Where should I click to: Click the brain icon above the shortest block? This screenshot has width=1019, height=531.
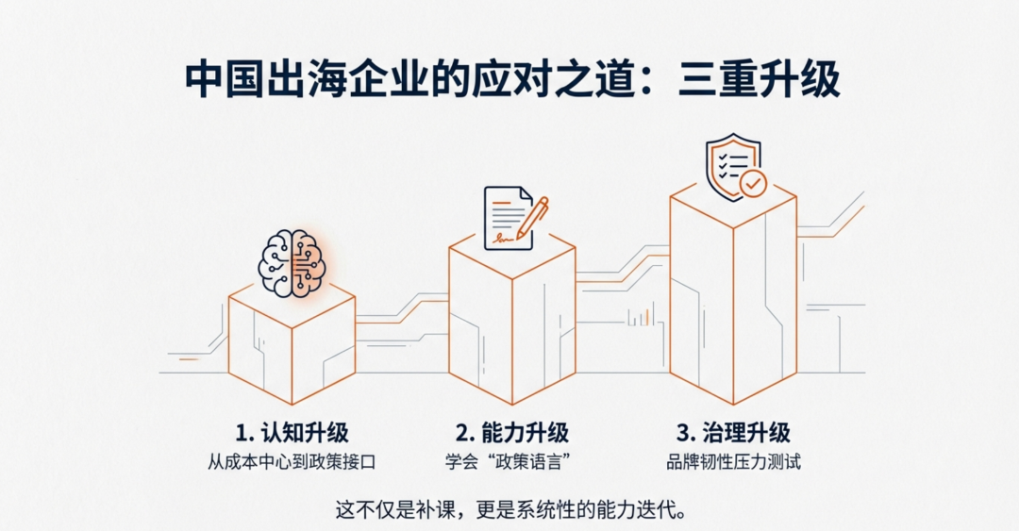click(292, 263)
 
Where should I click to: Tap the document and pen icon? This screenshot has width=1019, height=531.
click(516, 219)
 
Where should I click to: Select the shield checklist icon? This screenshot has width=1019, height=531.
click(736, 167)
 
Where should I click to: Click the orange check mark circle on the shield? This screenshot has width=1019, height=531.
click(753, 184)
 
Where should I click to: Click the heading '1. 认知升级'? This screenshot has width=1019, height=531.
click(292, 432)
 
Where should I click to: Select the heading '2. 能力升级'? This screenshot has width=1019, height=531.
click(512, 432)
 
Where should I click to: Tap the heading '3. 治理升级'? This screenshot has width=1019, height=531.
click(733, 432)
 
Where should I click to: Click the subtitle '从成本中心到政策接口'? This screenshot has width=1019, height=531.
click(292, 462)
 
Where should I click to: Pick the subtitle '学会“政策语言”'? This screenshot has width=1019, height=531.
click(512, 462)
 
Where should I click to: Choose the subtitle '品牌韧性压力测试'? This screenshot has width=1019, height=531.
click(733, 462)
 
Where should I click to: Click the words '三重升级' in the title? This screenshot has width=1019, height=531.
click(759, 80)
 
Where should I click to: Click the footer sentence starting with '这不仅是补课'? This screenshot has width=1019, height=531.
click(511, 509)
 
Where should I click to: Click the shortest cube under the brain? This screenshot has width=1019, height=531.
click(292, 344)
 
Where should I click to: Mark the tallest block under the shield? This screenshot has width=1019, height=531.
click(733, 292)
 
